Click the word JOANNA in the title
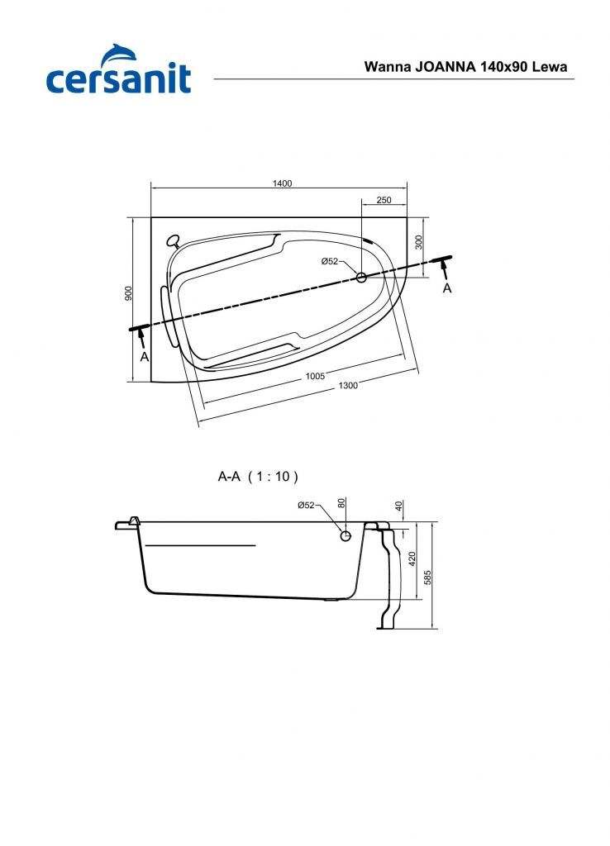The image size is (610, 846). [x=445, y=67]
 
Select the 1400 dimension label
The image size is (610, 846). [x=282, y=183]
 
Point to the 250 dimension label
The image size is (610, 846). [x=384, y=200]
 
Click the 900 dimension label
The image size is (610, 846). [x=128, y=293]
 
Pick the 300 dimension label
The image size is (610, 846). [x=419, y=242]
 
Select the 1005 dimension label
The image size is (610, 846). [x=315, y=376]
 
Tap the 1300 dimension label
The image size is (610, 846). [x=348, y=385]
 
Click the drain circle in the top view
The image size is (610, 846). [x=361, y=278]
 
